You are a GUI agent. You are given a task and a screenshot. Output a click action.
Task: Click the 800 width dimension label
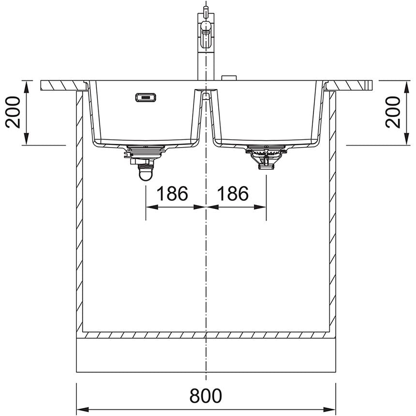(x=206, y=396)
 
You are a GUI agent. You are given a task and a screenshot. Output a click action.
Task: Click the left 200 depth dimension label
(x=14, y=112)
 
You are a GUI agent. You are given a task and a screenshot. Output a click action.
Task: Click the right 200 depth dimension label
(x=393, y=112)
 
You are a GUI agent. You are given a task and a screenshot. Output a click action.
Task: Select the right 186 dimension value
(x=233, y=194)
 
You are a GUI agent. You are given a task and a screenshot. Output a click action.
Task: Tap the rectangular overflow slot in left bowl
(x=145, y=98)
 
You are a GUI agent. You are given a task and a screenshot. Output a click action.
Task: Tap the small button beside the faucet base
(x=228, y=78)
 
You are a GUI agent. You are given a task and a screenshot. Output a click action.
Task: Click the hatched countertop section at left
(x=61, y=86)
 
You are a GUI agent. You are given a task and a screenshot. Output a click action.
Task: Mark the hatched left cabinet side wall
(x=80, y=213)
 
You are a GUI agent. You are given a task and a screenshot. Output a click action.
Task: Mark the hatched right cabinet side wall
(x=332, y=213)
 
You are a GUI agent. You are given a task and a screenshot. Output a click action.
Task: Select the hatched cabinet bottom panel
(x=206, y=335)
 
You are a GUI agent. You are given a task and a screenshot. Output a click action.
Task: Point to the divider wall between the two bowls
(x=206, y=116)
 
